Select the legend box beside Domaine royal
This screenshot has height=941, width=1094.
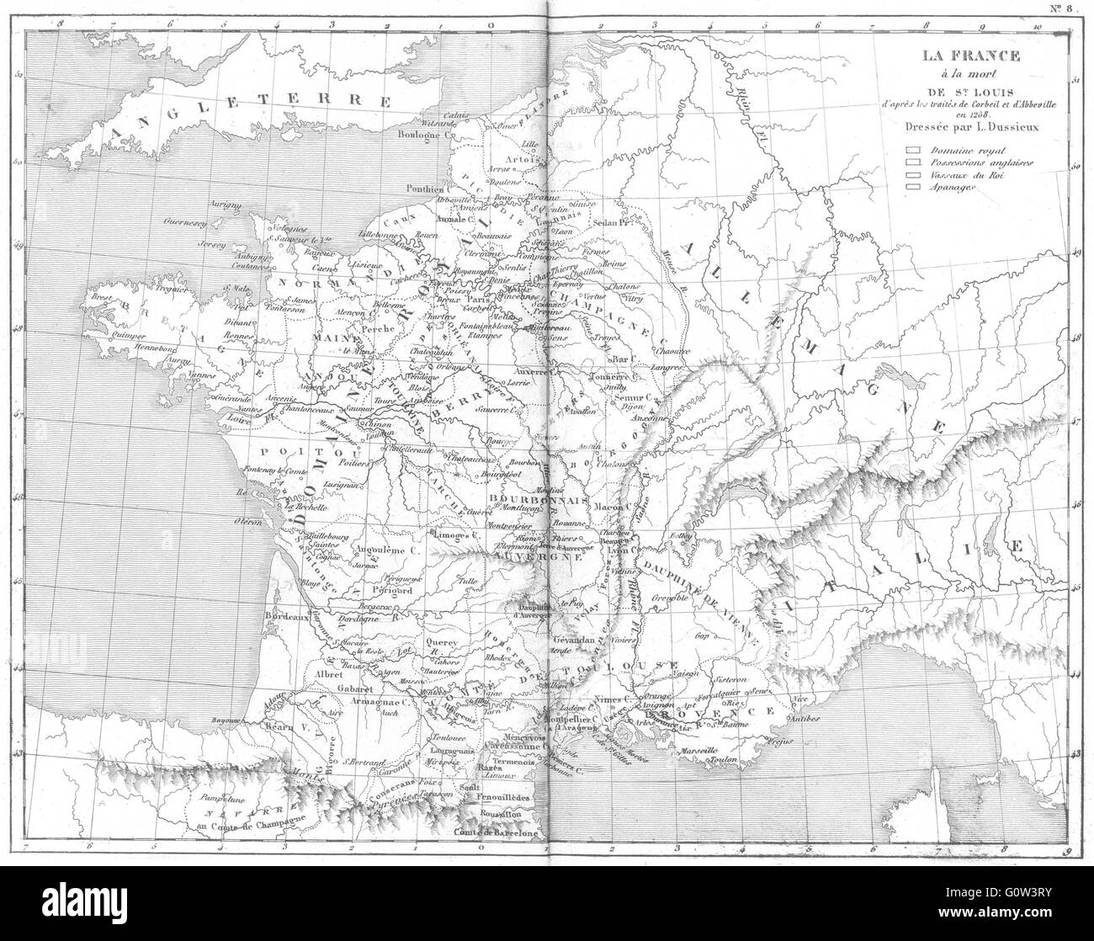[911, 150]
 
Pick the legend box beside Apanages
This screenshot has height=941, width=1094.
[911, 188]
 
